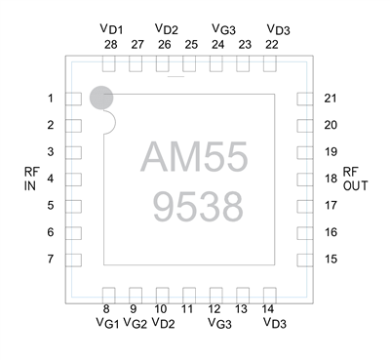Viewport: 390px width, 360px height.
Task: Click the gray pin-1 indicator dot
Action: [101, 97]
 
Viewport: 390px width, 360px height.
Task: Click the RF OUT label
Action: [355, 179]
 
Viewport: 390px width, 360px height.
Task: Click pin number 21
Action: [331, 99]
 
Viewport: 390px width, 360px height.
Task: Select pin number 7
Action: [49, 259]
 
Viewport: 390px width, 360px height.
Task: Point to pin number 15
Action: [331, 259]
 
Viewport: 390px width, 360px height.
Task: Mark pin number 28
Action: [109, 45]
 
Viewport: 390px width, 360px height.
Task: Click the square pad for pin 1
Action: [72, 99]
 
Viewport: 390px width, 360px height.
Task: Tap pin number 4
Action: [49, 179]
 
